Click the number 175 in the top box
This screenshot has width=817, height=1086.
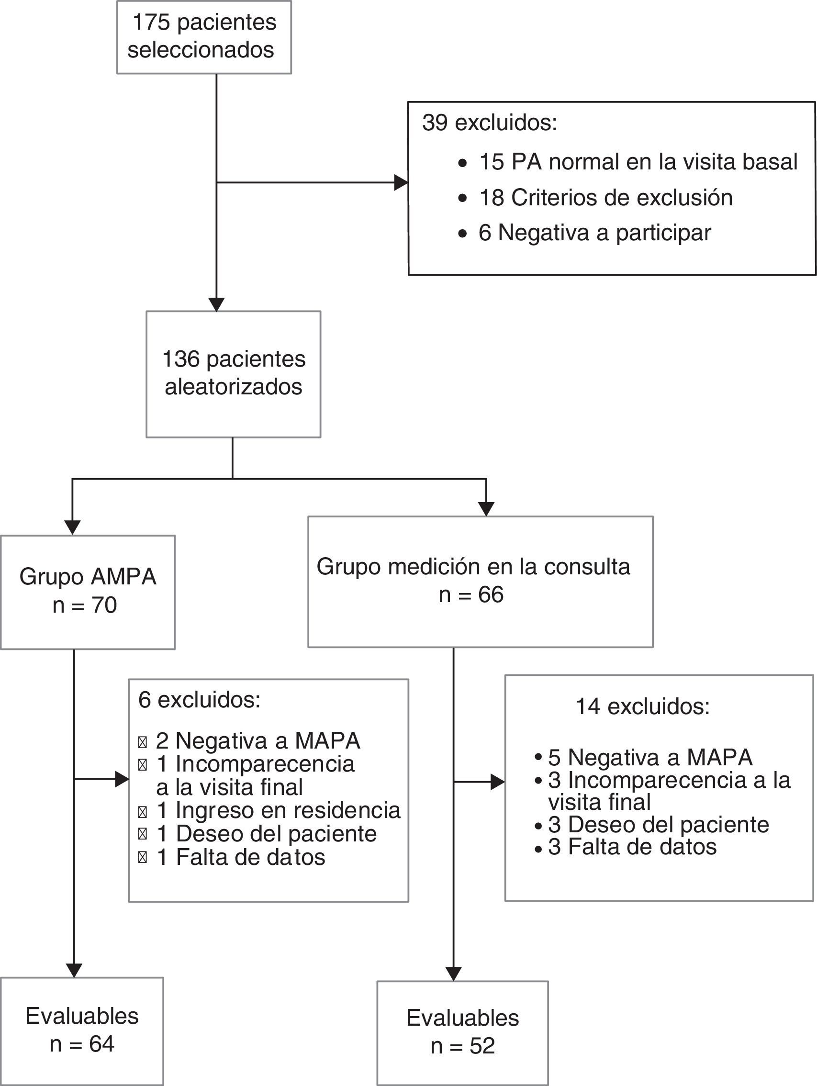(x=151, y=22)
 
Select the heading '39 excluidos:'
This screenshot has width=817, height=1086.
(x=490, y=122)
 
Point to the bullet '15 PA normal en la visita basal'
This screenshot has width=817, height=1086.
(x=638, y=162)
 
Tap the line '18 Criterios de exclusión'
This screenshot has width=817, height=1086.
(x=605, y=198)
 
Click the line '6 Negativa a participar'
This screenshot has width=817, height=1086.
(x=594, y=233)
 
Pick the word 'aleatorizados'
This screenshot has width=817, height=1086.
(x=233, y=387)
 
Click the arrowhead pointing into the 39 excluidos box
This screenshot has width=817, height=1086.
(x=401, y=183)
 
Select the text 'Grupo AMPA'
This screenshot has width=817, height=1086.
(x=88, y=576)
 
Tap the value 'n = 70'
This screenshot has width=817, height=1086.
(x=85, y=605)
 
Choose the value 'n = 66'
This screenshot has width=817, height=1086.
(x=471, y=594)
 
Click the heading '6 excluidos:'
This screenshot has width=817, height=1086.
(x=199, y=700)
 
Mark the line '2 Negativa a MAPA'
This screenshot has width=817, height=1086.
(x=258, y=740)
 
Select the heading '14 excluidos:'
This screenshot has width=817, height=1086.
(x=642, y=706)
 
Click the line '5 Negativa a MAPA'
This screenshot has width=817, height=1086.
(x=650, y=757)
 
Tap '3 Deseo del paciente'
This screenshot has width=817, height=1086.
(x=658, y=824)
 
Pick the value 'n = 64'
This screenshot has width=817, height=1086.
(x=82, y=1044)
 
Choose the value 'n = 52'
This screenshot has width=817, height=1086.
(x=462, y=1046)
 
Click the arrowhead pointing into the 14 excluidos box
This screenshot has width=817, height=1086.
(x=498, y=782)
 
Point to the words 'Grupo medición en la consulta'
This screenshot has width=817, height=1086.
(x=473, y=567)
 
